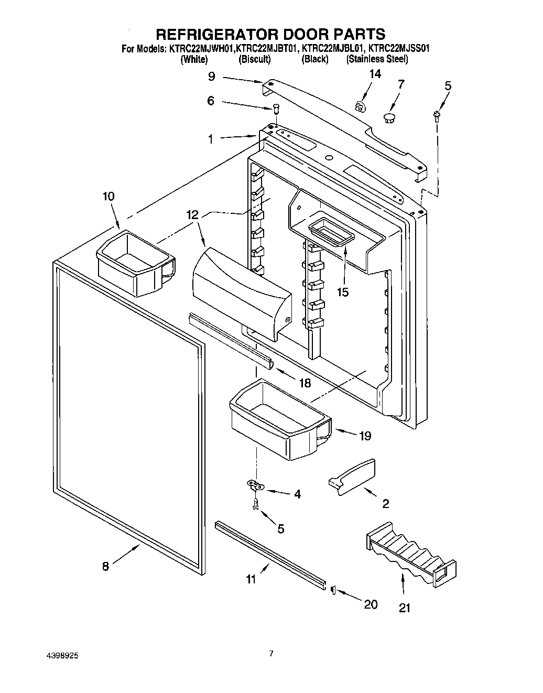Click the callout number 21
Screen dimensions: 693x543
click(x=405, y=608)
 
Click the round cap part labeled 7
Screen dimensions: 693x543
click(x=390, y=117)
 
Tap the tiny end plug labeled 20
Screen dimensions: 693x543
click(x=333, y=590)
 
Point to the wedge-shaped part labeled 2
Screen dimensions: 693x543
click(x=352, y=477)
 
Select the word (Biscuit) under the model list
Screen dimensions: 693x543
click(x=254, y=59)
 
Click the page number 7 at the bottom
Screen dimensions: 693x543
click(x=271, y=653)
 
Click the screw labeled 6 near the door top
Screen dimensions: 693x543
click(x=276, y=109)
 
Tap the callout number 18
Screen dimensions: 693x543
click(x=304, y=383)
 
